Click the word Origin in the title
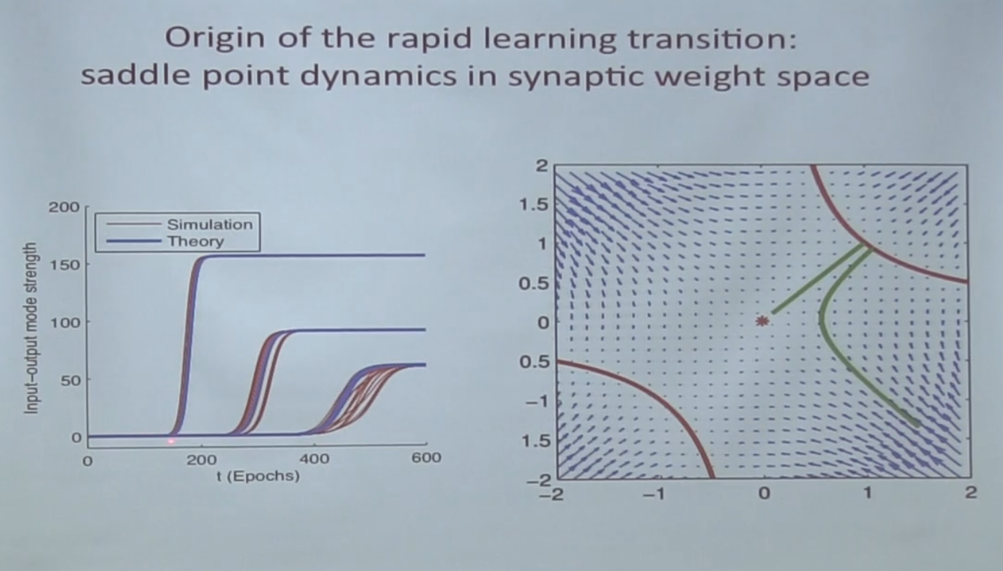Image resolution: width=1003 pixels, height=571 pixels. tap(204, 39)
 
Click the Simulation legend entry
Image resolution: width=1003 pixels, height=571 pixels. tap(209, 224)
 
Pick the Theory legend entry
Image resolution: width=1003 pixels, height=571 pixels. tap(195, 241)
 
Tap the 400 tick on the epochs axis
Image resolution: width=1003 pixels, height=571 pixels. tap(313, 459)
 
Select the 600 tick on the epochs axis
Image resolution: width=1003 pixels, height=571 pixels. tap(425, 459)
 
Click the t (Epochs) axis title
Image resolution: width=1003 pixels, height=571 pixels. tap(257, 476)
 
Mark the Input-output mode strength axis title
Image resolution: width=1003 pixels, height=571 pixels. tap(31, 329)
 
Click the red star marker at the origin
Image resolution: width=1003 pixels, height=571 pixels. tap(762, 321)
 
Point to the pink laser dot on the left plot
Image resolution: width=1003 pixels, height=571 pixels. tap(171, 441)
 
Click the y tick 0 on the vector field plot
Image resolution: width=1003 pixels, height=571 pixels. tap(543, 322)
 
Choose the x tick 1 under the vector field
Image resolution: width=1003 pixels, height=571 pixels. tap(868, 494)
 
